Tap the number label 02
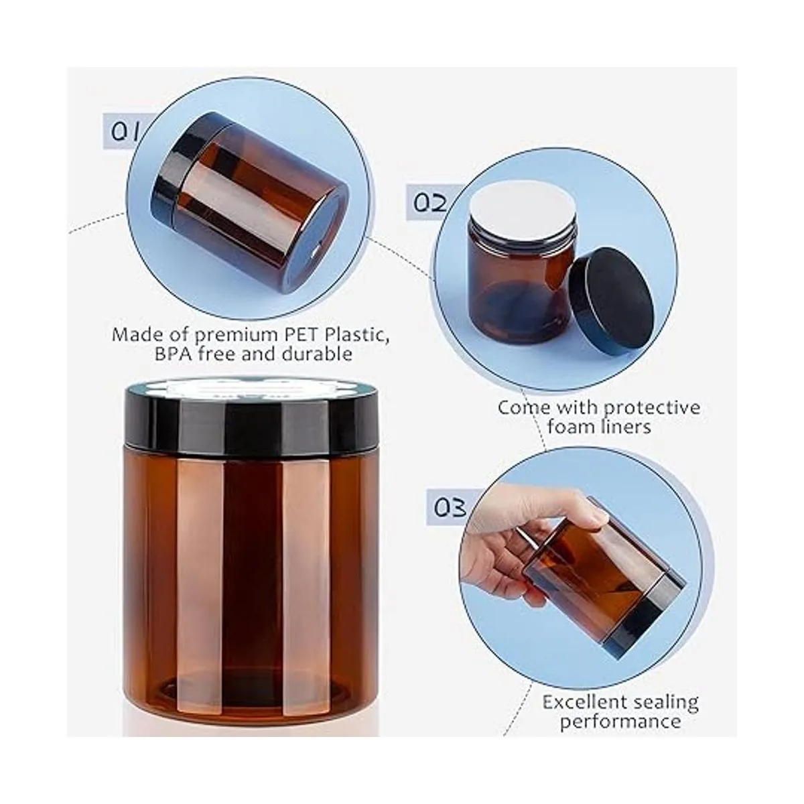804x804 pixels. tap(429, 202)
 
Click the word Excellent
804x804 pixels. tap(584, 691)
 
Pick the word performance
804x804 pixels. tap(620, 710)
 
